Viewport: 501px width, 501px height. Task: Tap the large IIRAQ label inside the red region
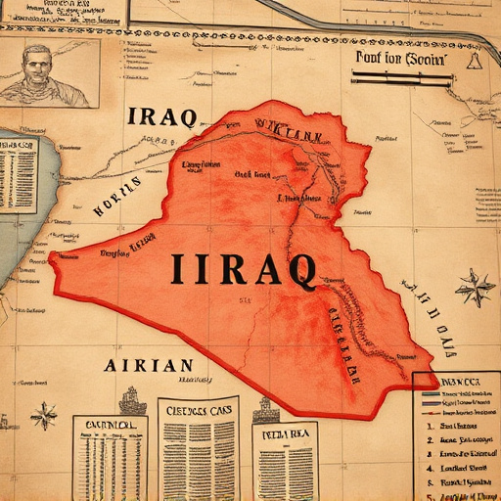point(243,269)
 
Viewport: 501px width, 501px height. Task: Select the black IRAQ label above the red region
point(161,116)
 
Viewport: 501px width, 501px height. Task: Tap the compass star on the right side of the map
point(476,289)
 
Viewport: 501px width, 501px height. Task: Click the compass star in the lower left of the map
point(44,416)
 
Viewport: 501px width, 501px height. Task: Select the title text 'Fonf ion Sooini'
point(399,59)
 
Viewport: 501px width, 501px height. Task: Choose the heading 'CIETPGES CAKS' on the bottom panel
point(198,410)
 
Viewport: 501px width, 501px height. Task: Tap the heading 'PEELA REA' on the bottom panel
point(284,432)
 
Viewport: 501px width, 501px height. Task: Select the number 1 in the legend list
point(430,426)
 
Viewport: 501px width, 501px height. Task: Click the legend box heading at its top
point(456,382)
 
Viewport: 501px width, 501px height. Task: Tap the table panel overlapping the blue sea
point(19,173)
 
